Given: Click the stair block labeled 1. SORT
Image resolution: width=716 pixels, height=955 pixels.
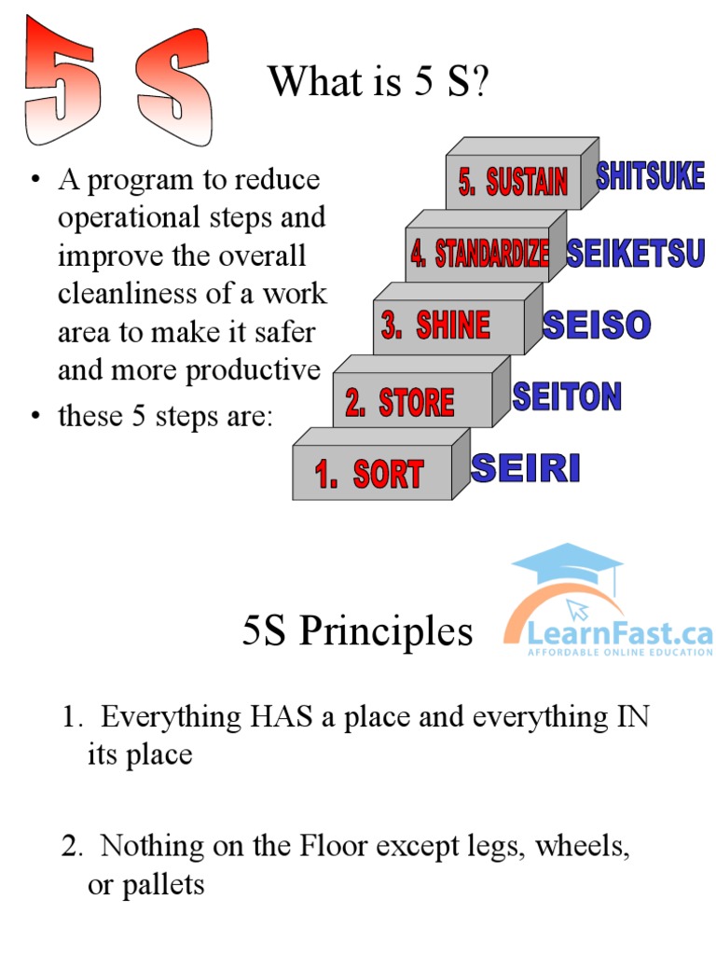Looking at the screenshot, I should pyautogui.click(x=371, y=473).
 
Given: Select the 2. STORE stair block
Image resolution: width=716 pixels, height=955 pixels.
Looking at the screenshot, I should pyautogui.click(x=401, y=402).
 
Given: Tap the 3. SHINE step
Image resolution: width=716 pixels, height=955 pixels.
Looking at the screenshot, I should pyautogui.click(x=436, y=325).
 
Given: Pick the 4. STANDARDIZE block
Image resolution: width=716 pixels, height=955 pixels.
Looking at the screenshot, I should pyautogui.click(x=478, y=254).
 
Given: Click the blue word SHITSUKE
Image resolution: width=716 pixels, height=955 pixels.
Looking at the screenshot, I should pyautogui.click(x=650, y=176).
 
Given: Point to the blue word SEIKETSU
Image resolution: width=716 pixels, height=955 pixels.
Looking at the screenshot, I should pyautogui.click(x=635, y=253).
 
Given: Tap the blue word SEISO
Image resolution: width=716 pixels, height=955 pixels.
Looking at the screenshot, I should pyautogui.click(x=597, y=325).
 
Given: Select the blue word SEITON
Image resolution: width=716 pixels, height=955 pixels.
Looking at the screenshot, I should pyautogui.click(x=567, y=396).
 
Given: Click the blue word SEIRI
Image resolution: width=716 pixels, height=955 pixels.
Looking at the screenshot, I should pyautogui.click(x=526, y=467).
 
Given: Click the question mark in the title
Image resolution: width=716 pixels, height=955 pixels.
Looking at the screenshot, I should pyautogui.click(x=479, y=83).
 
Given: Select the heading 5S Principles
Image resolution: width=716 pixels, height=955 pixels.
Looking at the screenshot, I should pyautogui.click(x=357, y=631).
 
